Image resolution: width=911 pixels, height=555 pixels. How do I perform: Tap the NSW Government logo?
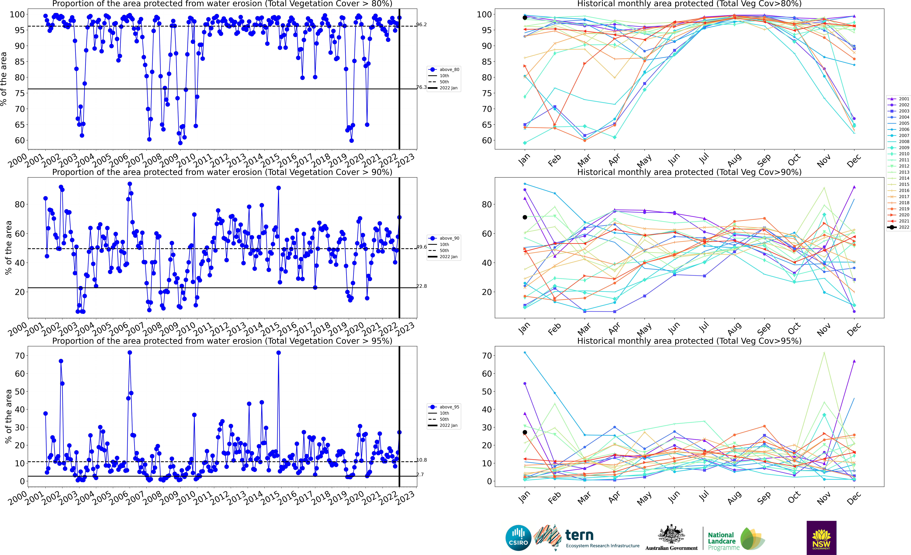click(821, 538)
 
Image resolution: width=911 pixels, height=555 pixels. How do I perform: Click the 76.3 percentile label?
click(422, 87)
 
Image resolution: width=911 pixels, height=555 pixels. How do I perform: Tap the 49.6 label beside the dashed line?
click(422, 247)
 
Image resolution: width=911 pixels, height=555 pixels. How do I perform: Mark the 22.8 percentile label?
click(422, 286)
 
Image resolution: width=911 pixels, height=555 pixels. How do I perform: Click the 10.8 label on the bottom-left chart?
click(422, 460)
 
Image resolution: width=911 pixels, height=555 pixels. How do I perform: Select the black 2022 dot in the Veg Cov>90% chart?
click(525, 217)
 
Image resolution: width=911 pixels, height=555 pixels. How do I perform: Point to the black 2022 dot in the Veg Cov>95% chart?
click(525, 432)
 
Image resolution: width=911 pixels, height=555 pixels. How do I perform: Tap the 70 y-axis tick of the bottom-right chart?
click(487, 356)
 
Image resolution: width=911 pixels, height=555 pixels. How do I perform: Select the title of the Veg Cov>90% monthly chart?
click(689, 172)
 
